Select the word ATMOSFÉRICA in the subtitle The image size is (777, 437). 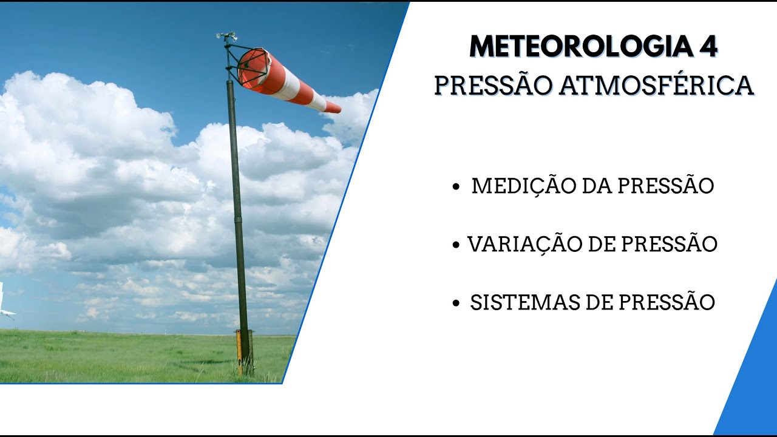click(x=656, y=86)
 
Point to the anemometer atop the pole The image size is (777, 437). click(x=227, y=37)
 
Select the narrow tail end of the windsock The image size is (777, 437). click(x=332, y=107)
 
